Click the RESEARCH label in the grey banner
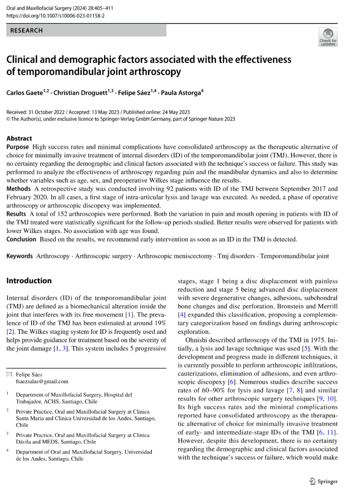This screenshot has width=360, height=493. pyautogui.click(x=27, y=30)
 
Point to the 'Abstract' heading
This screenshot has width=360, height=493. pyautogui.click(x=19, y=138)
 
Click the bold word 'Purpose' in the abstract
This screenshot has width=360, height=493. pyautogui.click(x=18, y=147)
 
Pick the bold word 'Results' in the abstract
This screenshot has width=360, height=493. pyautogui.click(x=17, y=214)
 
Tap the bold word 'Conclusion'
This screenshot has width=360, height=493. pyautogui.click(x=22, y=239)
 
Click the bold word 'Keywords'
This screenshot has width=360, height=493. pyautogui.click(x=20, y=256)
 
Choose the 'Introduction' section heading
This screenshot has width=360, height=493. pyautogui.click(x=29, y=281)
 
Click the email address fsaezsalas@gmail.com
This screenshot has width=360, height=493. pyautogui.click(x=42, y=381)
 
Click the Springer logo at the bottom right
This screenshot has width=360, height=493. pyautogui.click(x=324, y=481)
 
